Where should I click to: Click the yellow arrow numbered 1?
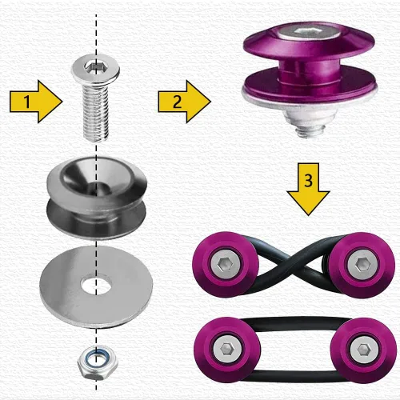(x=36, y=102)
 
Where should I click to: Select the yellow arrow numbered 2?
(x=184, y=102)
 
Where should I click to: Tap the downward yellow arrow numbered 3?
(x=308, y=189)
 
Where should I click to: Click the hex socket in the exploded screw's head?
(x=92, y=66)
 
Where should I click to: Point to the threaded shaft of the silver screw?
(x=96, y=114)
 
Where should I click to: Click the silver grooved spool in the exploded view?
(x=97, y=198)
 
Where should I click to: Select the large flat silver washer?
(x=96, y=287)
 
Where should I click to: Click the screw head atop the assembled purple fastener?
(x=310, y=33)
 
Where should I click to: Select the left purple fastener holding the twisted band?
(x=226, y=265)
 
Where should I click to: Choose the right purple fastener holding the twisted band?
(x=362, y=265)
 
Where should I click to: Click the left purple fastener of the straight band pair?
(x=227, y=350)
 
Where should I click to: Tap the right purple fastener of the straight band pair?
(x=363, y=350)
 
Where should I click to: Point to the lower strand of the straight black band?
(x=294, y=375)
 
